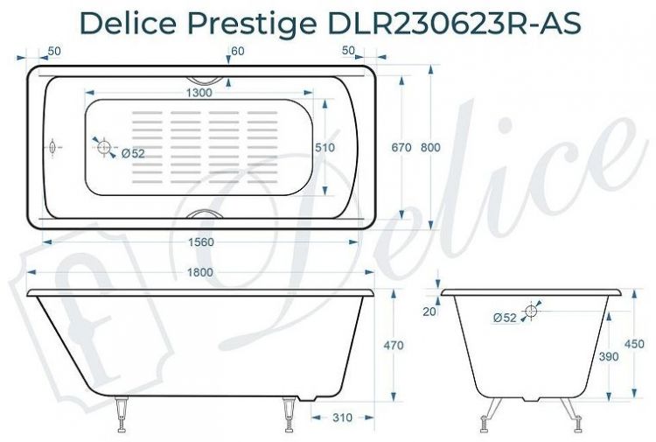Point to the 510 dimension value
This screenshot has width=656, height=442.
tap(325, 148)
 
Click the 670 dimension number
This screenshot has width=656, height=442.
tap(401, 148)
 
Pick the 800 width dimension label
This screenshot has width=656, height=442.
tap(430, 148)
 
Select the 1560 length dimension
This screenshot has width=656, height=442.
tap(201, 242)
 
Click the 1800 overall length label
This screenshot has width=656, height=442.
tap(200, 272)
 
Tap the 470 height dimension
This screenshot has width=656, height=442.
tap(394, 345)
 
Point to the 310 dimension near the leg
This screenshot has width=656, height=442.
tap(343, 417)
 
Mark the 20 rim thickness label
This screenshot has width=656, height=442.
tap(428, 311)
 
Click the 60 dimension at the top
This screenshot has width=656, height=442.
tap(238, 51)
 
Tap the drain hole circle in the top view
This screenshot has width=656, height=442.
tap(104, 148)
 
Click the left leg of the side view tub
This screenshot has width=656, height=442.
tap(122, 414)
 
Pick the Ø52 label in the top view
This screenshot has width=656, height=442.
tap(133, 154)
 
